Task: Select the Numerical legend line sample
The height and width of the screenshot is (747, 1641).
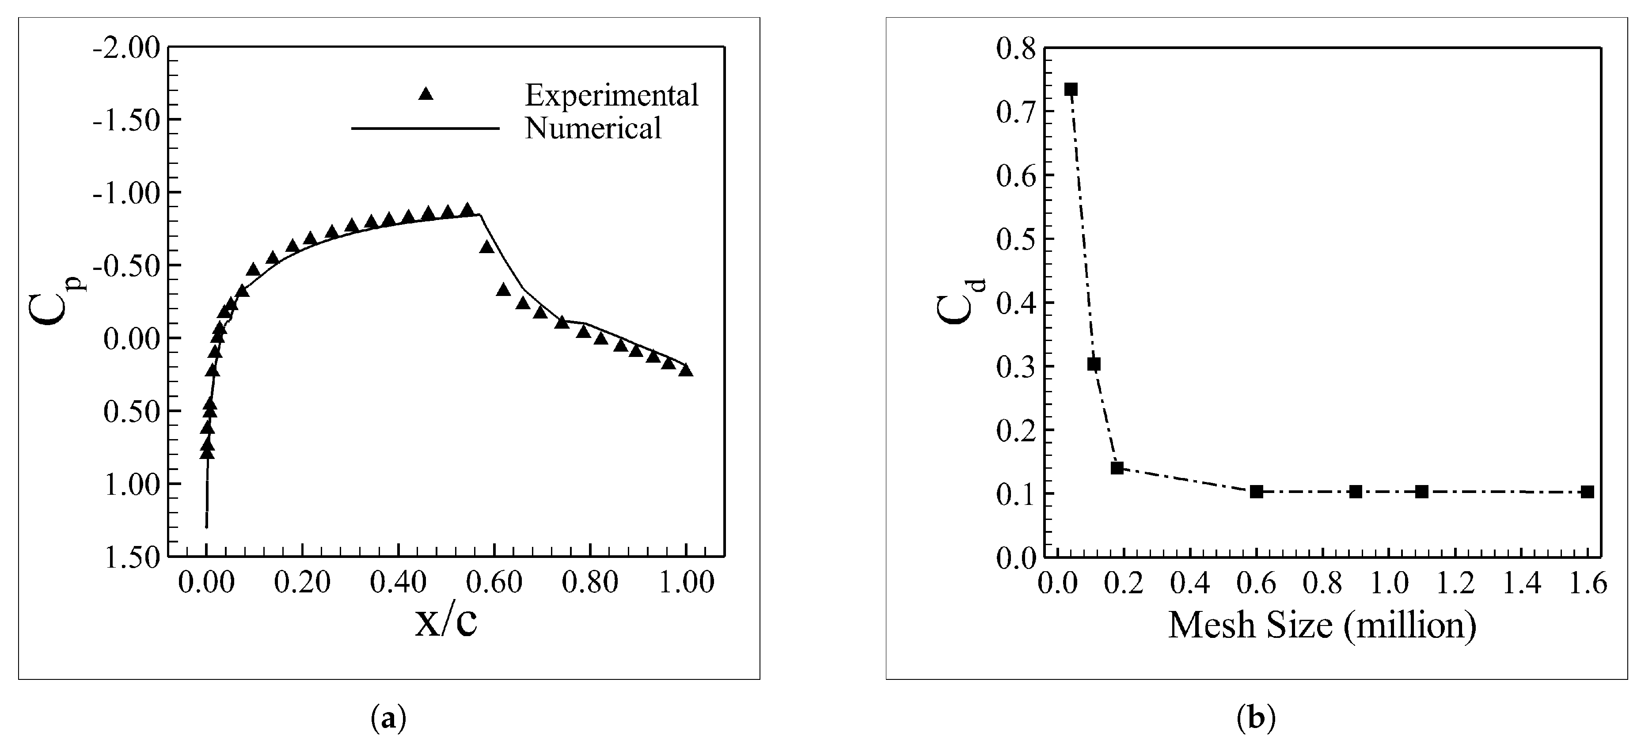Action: tap(425, 129)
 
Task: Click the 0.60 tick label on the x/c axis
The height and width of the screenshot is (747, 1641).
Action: tap(494, 583)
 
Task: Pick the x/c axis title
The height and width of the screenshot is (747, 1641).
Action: tap(446, 623)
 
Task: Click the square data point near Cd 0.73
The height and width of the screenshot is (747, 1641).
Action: tap(1071, 89)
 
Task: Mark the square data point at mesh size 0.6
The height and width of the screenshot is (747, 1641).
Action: tap(1256, 492)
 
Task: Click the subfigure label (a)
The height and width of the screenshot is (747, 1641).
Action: tap(388, 718)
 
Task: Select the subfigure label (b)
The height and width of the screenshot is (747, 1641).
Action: tap(1256, 718)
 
